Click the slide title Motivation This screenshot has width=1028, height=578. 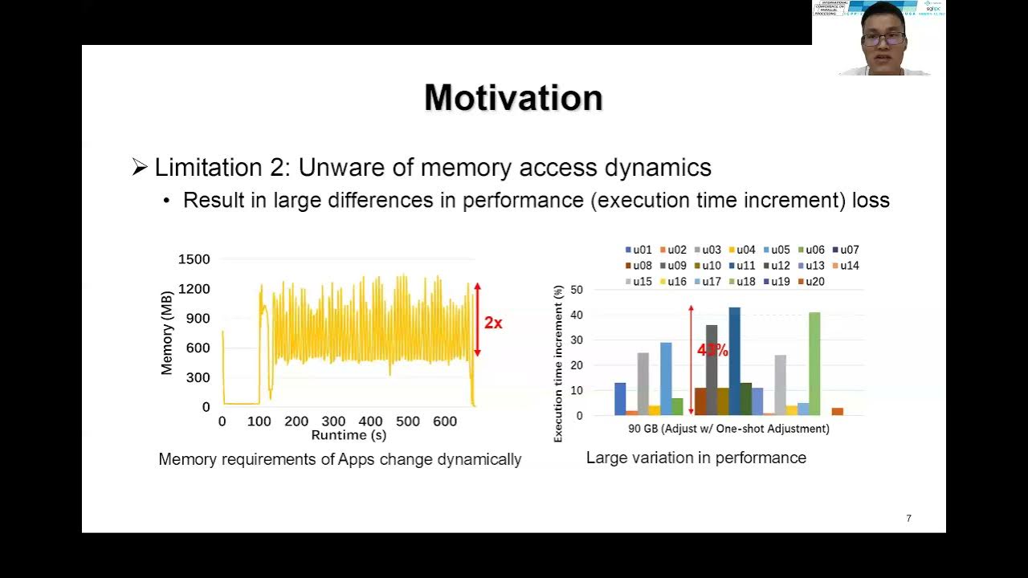point(513,98)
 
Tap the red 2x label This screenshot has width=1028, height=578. point(493,323)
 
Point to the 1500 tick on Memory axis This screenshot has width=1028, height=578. point(194,259)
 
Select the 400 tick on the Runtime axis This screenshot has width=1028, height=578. point(370,421)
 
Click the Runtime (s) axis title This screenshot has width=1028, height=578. point(349,435)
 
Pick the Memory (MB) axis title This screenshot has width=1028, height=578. point(167,332)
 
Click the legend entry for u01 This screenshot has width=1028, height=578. point(638,250)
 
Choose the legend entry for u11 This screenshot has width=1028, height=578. point(743,266)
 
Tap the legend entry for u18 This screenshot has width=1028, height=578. point(743,282)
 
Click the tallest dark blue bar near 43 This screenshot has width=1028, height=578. point(734,361)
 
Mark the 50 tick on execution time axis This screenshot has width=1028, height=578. point(576,289)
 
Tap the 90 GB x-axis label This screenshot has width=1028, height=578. point(728,429)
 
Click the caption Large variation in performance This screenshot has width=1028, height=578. point(696,458)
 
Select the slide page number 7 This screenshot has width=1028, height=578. point(908,519)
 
